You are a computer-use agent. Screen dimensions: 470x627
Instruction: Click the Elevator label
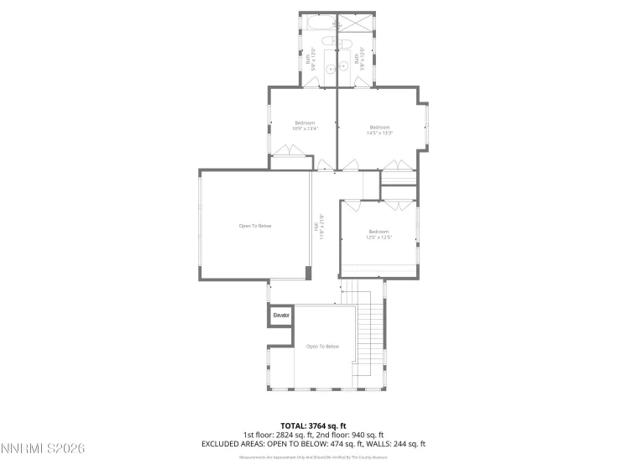coord(280,316)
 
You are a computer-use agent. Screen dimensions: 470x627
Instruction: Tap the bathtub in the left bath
coord(318,23)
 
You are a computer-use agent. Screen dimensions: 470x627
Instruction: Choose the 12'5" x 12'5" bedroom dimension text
coord(379,237)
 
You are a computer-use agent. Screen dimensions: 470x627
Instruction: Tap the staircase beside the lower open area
coord(368,336)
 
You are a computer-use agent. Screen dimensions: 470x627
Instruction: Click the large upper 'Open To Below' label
coord(255,226)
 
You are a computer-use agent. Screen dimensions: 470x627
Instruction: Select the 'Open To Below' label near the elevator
coord(322,347)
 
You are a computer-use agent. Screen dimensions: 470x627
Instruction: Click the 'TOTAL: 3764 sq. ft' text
coord(313,426)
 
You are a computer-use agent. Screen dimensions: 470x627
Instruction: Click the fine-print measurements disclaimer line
coord(313,457)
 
